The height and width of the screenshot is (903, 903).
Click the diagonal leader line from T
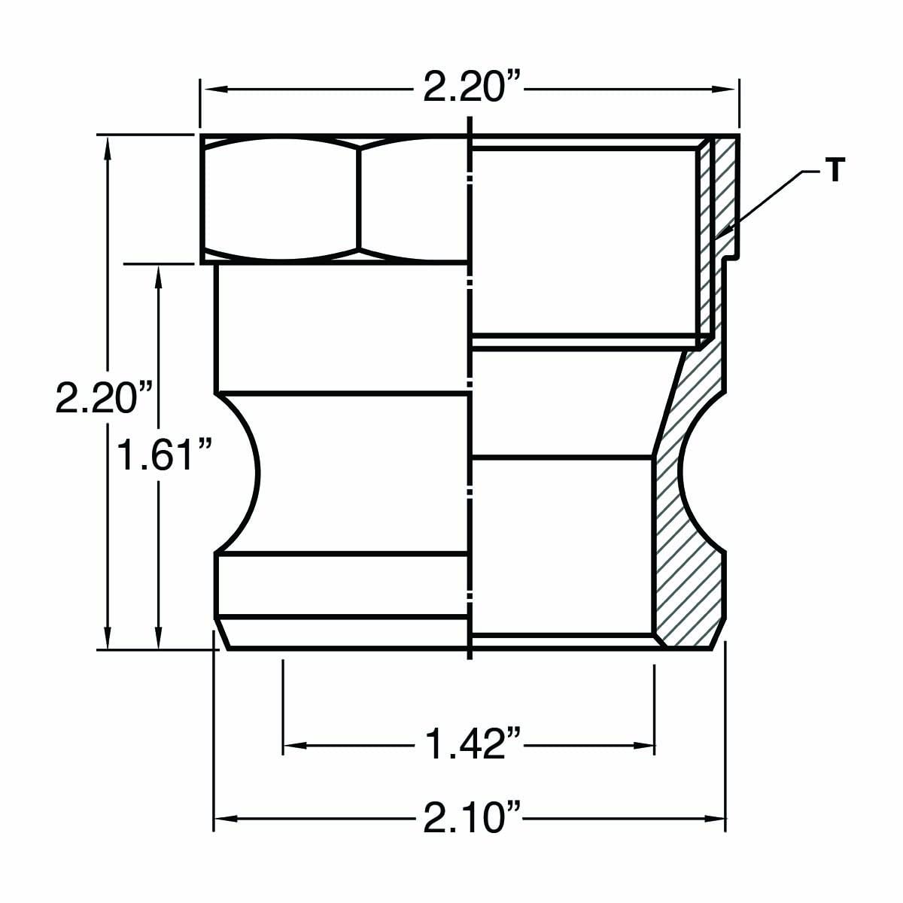pyautogui.click(x=768, y=199)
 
